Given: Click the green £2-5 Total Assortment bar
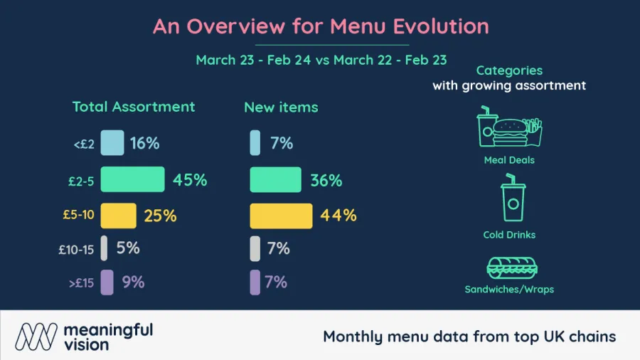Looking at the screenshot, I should [132, 179].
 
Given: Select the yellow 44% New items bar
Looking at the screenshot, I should [281, 216].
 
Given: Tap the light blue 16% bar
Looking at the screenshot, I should [112, 143].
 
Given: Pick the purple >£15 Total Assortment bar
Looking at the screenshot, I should [107, 282].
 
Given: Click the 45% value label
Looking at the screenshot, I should [190, 180].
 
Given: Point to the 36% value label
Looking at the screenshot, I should [326, 181].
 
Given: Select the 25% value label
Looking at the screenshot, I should [160, 216].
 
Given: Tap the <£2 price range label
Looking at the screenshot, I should [83, 144].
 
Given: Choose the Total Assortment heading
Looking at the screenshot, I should [133, 107].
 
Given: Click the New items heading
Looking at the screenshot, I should [281, 107].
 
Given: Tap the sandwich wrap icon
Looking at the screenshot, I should [509, 268].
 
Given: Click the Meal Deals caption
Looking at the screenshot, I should [509, 160].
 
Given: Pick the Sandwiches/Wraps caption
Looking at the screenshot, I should [509, 290].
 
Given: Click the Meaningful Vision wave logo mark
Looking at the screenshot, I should [36, 335].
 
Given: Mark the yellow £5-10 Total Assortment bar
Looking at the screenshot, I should [118, 216].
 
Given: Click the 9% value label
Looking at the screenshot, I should [133, 282].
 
